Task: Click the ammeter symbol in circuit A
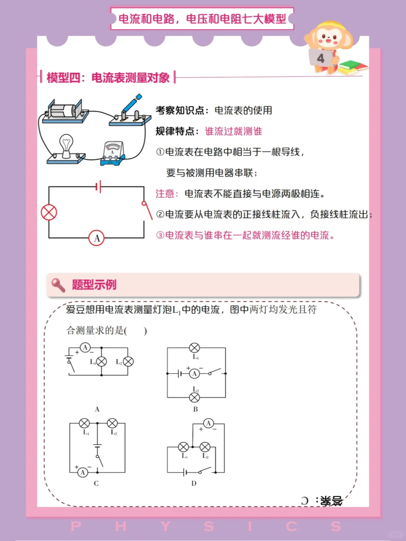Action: coord(85,348)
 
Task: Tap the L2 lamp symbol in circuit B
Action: coord(194,397)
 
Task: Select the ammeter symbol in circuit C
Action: coord(83,472)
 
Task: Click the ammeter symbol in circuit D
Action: coord(208,423)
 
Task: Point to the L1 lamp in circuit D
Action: coord(183,447)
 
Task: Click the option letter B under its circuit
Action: coord(195,409)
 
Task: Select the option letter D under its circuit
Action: coord(194,483)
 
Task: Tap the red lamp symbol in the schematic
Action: coord(49,213)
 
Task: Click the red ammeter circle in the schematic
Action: coord(97,238)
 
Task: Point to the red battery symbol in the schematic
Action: coord(98,186)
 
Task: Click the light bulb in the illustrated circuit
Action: coord(67,146)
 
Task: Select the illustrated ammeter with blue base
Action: coord(112,153)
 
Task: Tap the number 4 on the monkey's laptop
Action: coord(321,58)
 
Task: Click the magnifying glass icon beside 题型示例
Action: coord(58,285)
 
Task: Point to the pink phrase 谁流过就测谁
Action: coord(233,131)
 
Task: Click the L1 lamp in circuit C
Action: coord(84,423)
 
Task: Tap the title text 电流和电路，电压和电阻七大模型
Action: coord(202,18)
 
